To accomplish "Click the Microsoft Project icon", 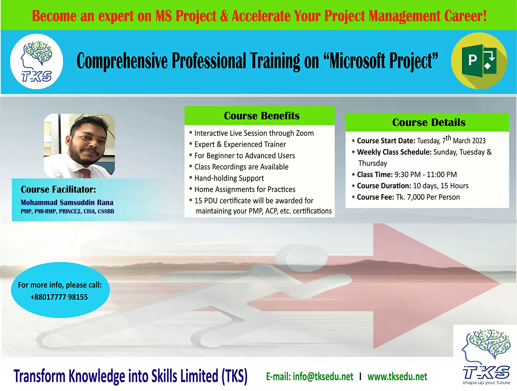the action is [x=479, y=61].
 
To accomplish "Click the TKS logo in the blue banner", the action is [x=37, y=61].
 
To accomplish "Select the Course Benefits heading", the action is [x=262, y=116].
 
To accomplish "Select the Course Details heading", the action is [x=429, y=122].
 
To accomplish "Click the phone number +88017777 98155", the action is [x=59, y=297].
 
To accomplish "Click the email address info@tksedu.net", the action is [x=323, y=377].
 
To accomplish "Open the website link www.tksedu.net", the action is [x=397, y=377].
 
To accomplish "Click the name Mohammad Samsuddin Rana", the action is [x=67, y=202].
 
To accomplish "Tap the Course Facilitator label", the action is [x=58, y=189].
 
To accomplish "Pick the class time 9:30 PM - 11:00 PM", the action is [x=426, y=175].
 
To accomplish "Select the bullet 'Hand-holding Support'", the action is [x=229, y=178].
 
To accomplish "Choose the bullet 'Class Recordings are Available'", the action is [x=241, y=167].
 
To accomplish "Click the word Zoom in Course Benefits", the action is [x=305, y=133].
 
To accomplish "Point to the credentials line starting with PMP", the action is [x=67, y=211].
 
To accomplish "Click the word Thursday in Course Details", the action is [x=373, y=163].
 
